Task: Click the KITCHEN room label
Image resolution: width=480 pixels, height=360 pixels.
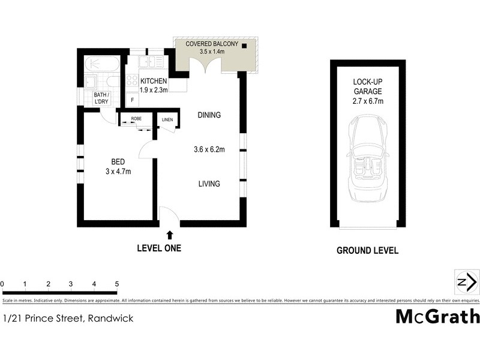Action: tap(154, 81)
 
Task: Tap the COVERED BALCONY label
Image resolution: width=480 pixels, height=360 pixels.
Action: tap(212, 44)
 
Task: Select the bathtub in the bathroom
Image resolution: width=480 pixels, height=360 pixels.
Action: tap(101, 63)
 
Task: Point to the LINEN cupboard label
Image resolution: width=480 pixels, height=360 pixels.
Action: tap(167, 120)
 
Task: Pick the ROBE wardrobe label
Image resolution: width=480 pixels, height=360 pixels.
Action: tap(136, 119)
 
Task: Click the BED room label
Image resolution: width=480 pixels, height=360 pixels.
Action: tap(118, 161)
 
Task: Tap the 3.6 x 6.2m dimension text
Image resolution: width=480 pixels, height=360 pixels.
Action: tap(209, 149)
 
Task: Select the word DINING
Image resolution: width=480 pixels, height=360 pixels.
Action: tap(209, 115)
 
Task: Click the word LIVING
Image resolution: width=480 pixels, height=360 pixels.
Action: tap(209, 184)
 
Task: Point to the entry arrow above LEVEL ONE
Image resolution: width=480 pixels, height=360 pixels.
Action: tap(169, 235)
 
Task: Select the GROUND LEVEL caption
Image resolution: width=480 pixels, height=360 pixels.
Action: tap(367, 251)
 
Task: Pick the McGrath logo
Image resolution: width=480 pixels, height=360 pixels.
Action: tap(437, 316)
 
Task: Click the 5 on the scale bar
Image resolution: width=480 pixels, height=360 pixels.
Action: tap(117, 283)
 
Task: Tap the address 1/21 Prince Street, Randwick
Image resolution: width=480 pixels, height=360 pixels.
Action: tap(68, 319)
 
